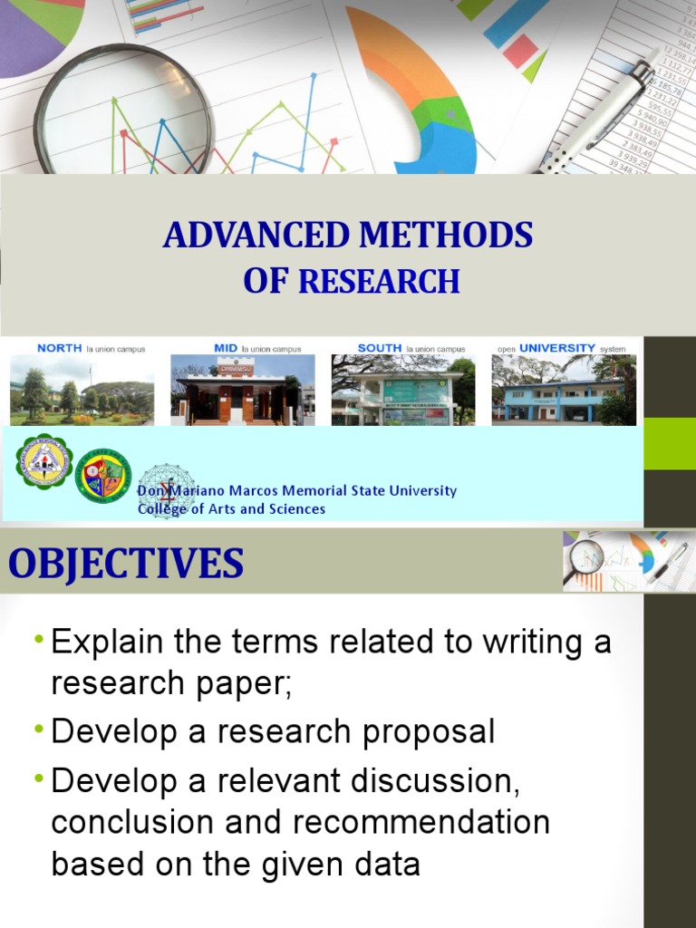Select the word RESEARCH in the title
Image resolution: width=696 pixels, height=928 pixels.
pos(379,282)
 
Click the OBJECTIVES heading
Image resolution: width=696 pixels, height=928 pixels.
pos(126,564)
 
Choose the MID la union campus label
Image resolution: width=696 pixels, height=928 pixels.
pos(257,348)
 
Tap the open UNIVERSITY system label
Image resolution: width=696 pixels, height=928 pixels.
pos(561,348)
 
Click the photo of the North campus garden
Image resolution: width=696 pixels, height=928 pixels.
pos(82,390)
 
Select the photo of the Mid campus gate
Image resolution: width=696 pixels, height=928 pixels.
pos(243,390)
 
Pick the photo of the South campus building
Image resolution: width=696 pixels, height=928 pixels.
pos(403,390)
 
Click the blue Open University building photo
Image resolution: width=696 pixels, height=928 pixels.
pos(564,390)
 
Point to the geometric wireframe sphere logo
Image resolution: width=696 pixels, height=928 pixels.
pos(165,489)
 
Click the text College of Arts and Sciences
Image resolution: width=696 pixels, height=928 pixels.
pos(231,509)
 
